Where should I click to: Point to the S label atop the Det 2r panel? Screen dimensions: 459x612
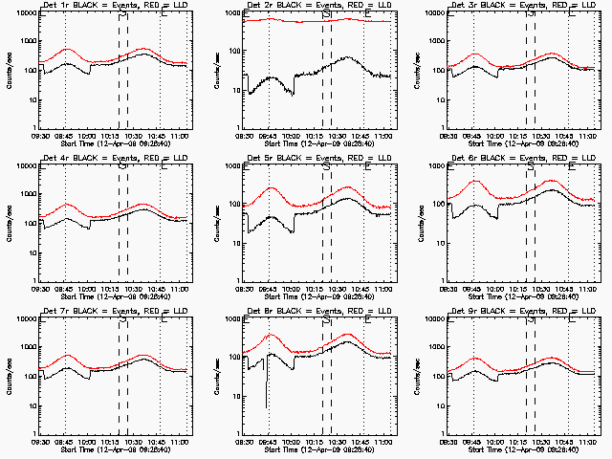pyautogui.click(x=326, y=14)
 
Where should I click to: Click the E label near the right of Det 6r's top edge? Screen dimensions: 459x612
pyautogui.click(x=571, y=167)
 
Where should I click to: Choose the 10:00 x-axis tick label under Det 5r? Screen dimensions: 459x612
pyautogui.click(x=291, y=288)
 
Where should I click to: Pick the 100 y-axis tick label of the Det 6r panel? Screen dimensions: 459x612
pyautogui.click(x=434, y=204)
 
